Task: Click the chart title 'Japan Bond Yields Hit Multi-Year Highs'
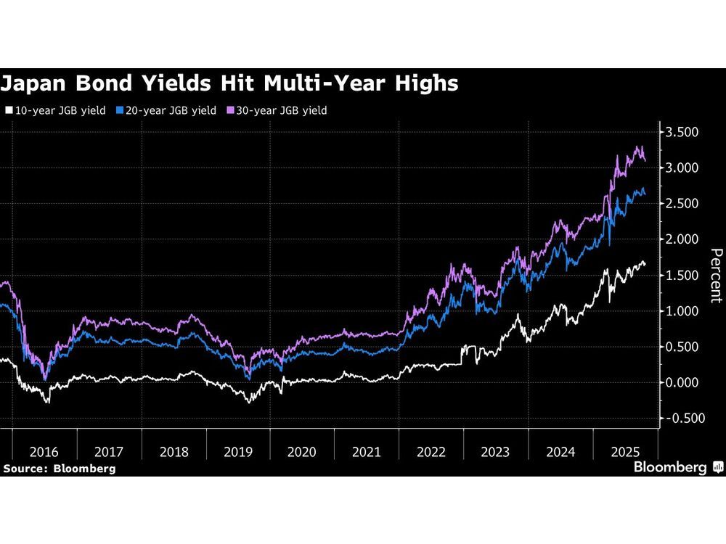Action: [229, 83]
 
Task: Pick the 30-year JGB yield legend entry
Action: [280, 111]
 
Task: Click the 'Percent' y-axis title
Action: [715, 276]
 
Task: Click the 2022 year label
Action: [431, 452]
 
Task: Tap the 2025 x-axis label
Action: [625, 452]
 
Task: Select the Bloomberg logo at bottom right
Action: [677, 468]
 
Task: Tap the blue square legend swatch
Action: [121, 111]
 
